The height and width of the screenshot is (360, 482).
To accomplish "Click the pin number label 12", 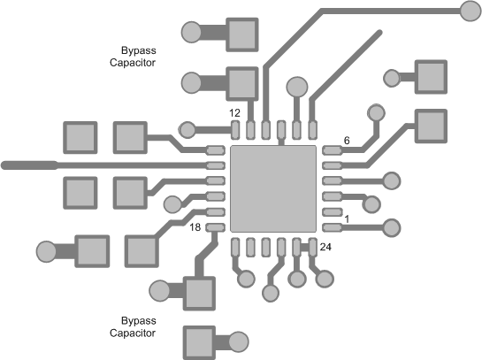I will (x=234, y=113).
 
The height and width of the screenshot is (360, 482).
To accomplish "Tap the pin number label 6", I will (x=347, y=141).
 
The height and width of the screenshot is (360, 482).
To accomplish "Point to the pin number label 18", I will (x=197, y=227).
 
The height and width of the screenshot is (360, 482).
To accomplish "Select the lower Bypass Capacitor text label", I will (x=133, y=326).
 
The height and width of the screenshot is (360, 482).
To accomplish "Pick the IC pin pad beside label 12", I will (x=236, y=131).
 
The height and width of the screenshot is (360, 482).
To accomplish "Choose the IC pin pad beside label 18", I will (x=215, y=227).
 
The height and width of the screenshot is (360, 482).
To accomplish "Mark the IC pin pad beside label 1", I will (x=332, y=227).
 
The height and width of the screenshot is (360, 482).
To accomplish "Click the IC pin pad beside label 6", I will (x=332, y=150).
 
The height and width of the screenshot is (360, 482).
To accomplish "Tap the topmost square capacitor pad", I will (x=242, y=34).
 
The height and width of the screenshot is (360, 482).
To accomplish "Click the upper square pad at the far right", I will (x=431, y=77).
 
